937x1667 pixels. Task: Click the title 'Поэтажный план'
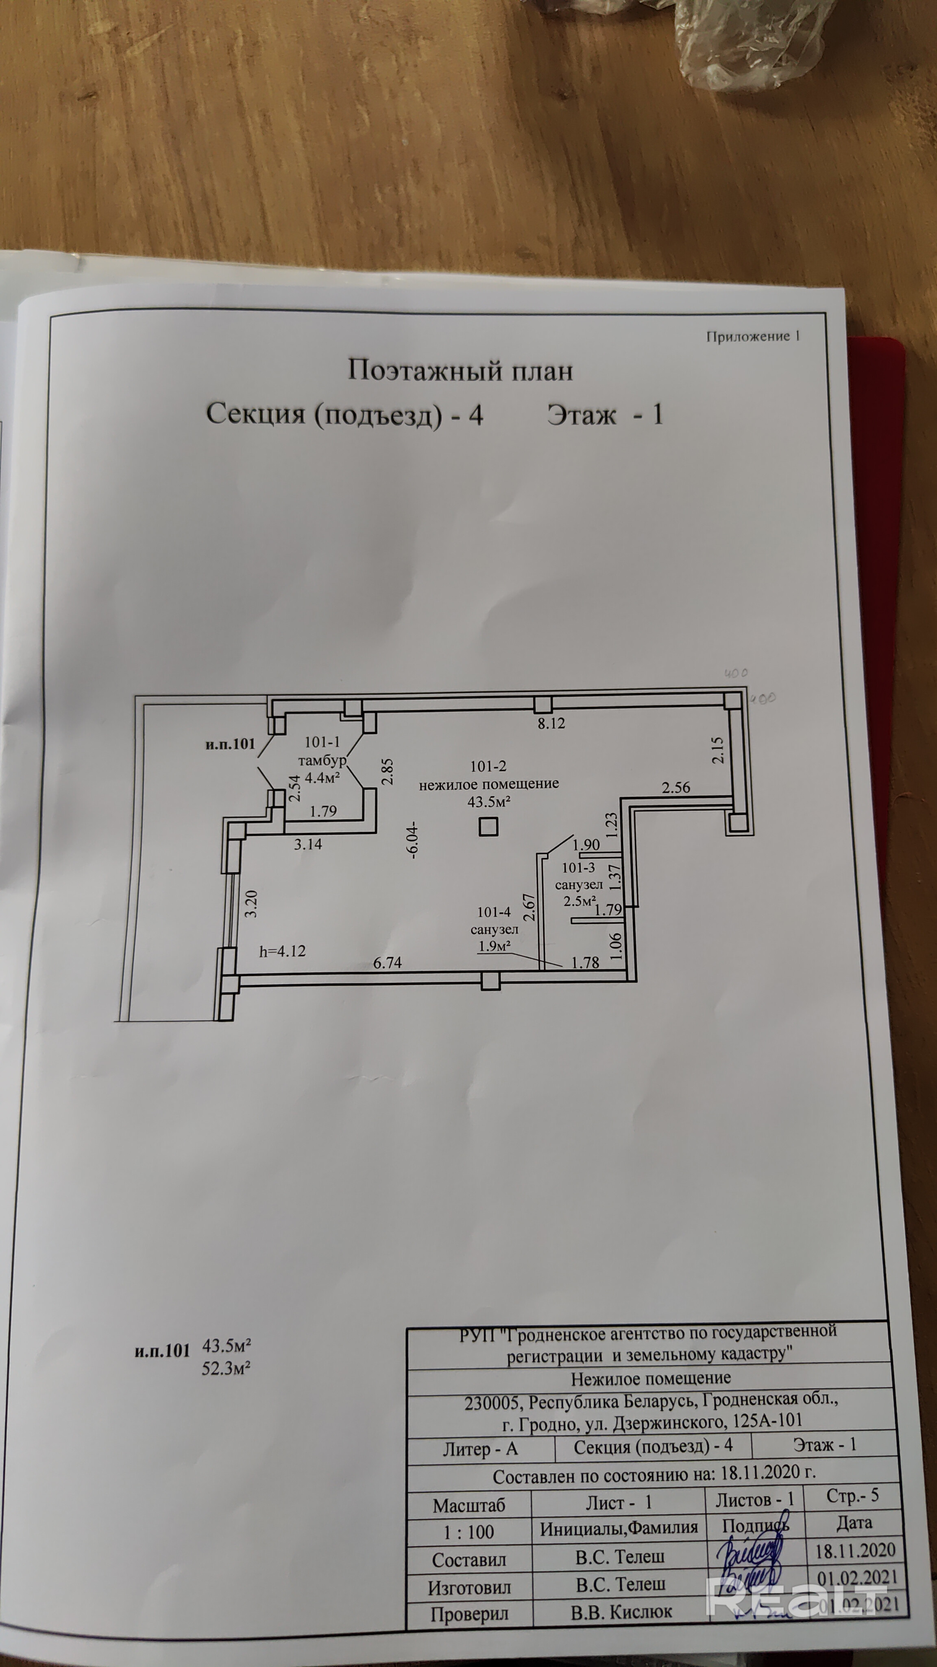460,371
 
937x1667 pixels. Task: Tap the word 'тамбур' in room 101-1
321,761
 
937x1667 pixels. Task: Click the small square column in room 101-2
488,827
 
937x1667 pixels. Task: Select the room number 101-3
578,869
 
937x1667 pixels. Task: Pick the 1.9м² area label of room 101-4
495,946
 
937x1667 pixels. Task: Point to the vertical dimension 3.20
252,904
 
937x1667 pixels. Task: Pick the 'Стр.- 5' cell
852,1496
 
